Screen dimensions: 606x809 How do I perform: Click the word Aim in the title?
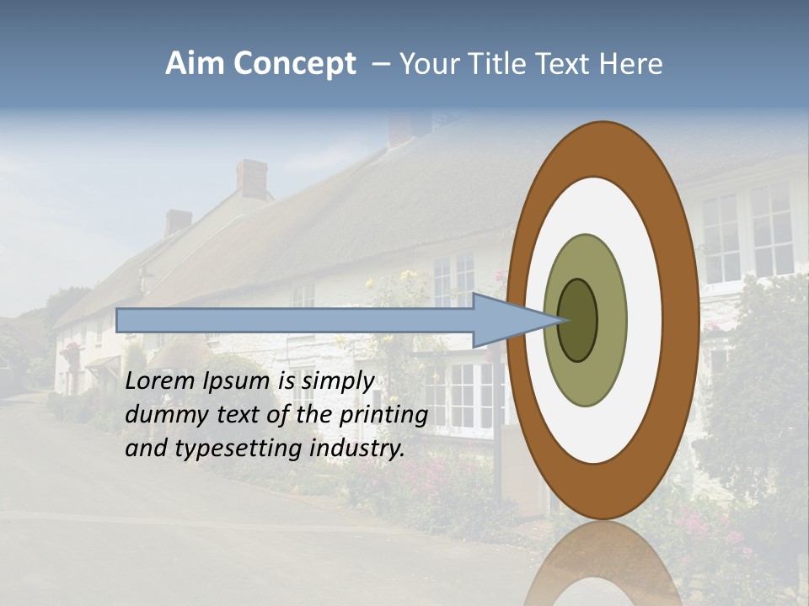196,64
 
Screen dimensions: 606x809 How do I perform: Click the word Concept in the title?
296,65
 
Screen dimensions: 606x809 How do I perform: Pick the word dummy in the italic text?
162,415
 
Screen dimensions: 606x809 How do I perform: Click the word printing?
383,415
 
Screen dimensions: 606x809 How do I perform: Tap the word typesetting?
239,449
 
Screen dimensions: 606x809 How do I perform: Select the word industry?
357,449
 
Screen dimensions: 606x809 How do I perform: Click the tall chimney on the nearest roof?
250,179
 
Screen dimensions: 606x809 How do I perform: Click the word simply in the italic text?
337,381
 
